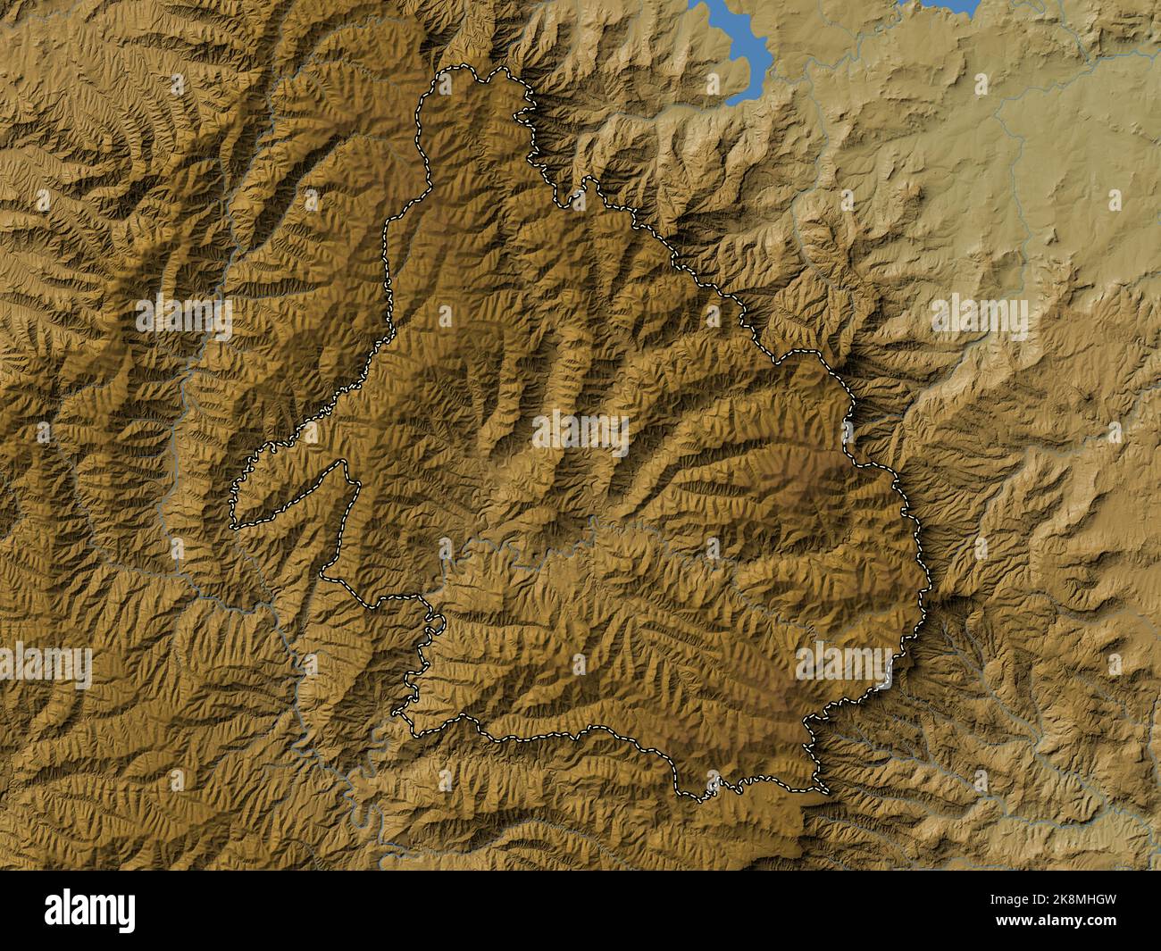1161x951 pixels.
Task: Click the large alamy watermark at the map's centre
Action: pos(580,431)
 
